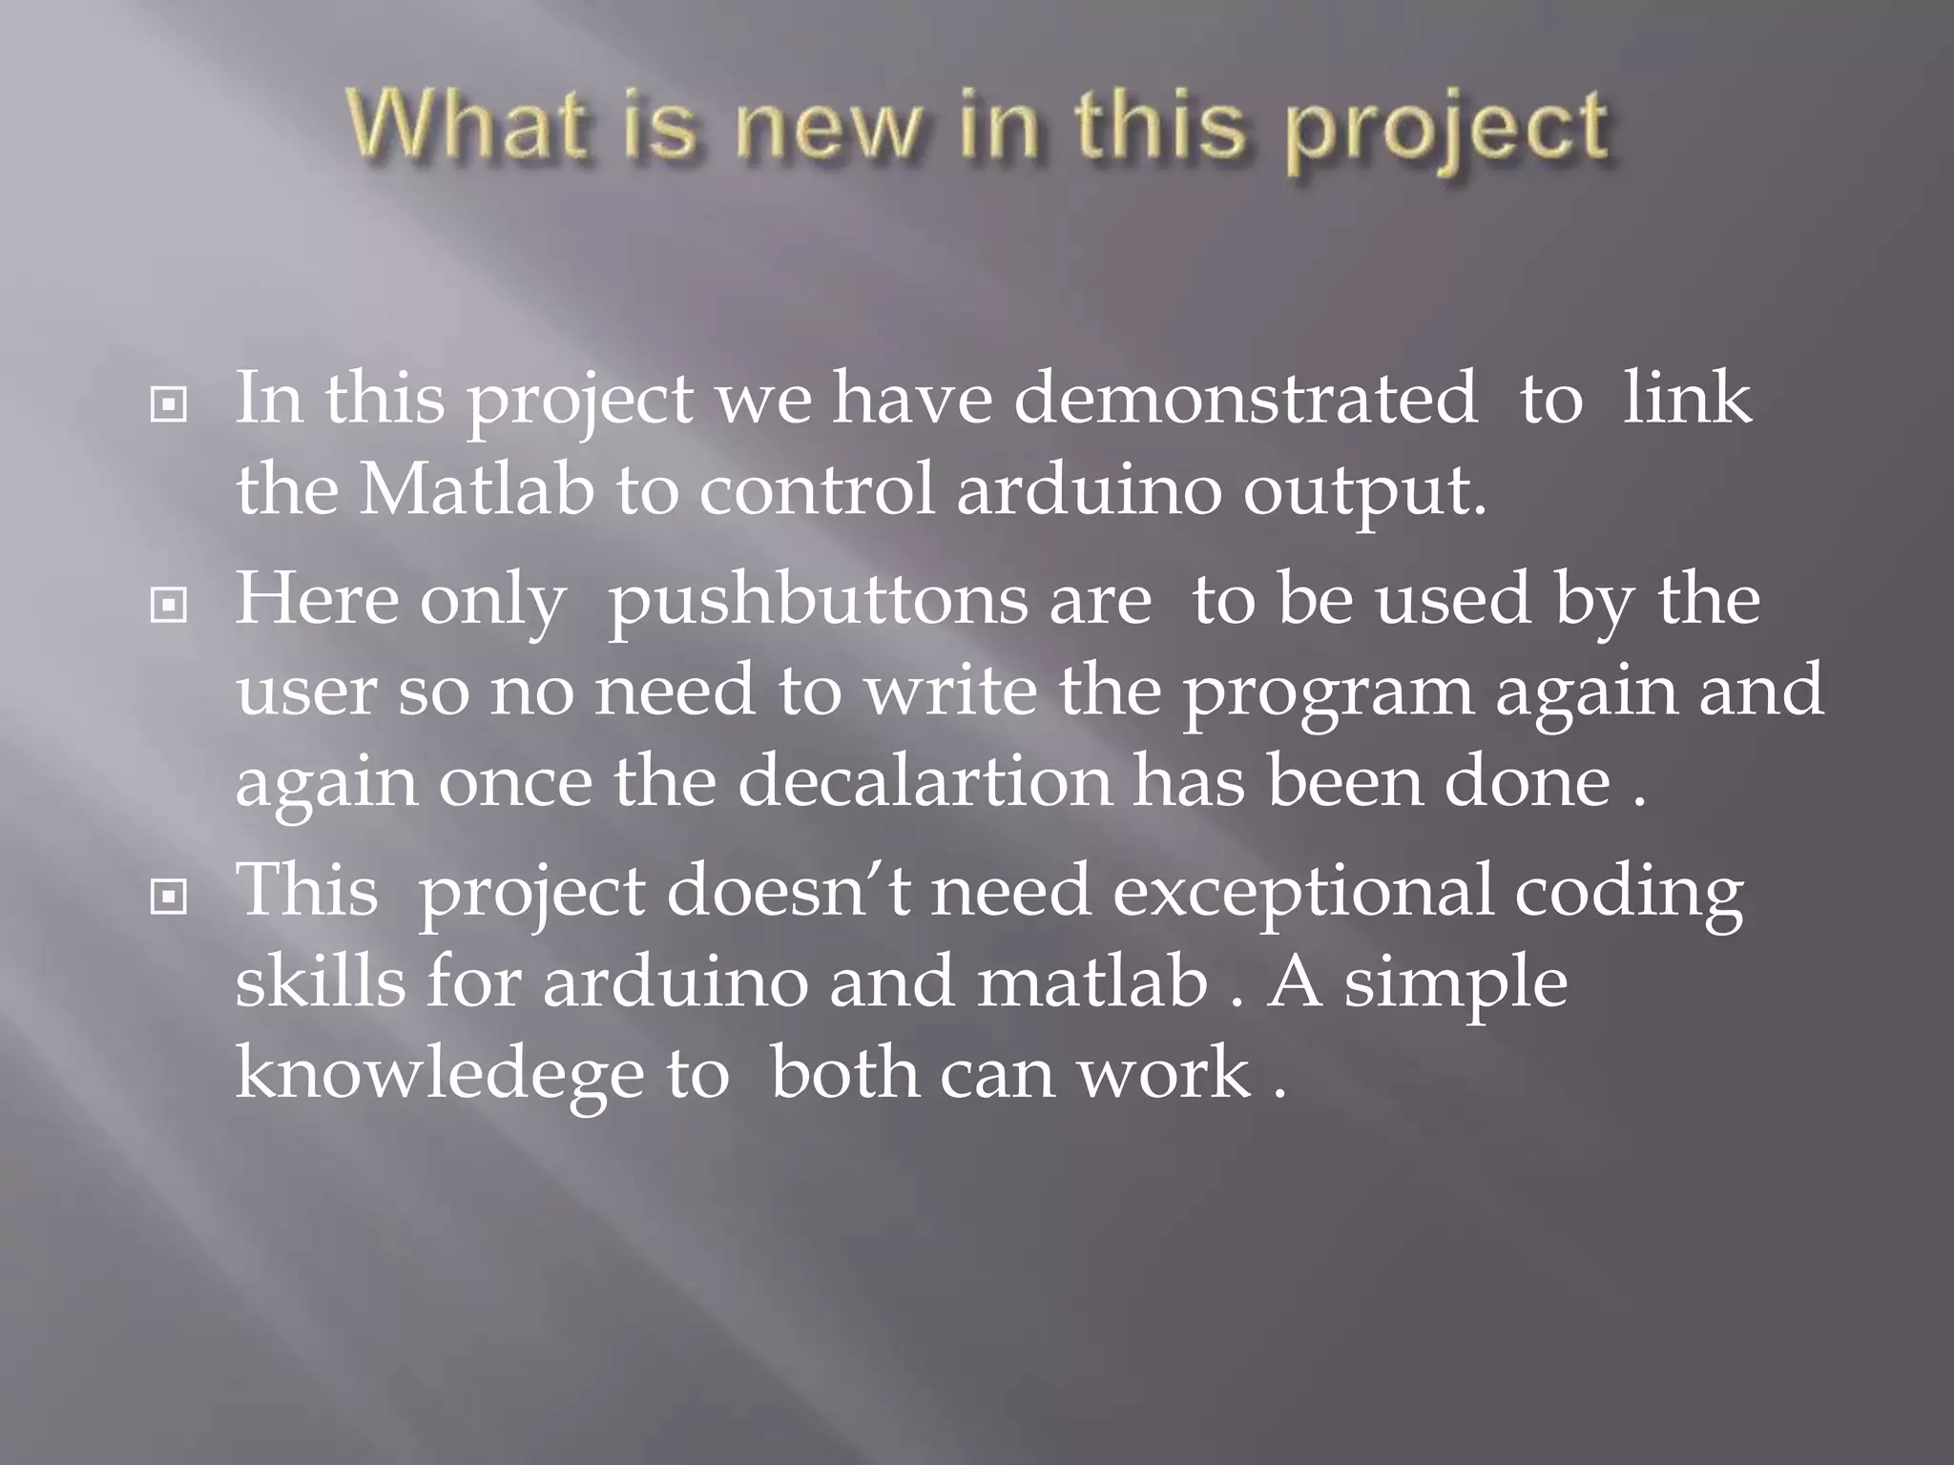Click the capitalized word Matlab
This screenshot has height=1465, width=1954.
tap(475, 490)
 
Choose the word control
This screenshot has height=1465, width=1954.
tap(817, 490)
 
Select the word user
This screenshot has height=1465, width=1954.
tap(305, 692)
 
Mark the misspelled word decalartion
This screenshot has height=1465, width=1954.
tap(925, 782)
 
